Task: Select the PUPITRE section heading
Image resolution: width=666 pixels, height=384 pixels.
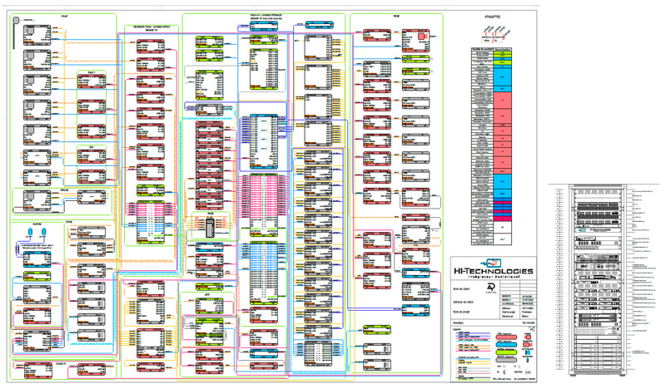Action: tap(37, 224)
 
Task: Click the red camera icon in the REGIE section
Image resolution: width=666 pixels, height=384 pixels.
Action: tap(422, 37)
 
